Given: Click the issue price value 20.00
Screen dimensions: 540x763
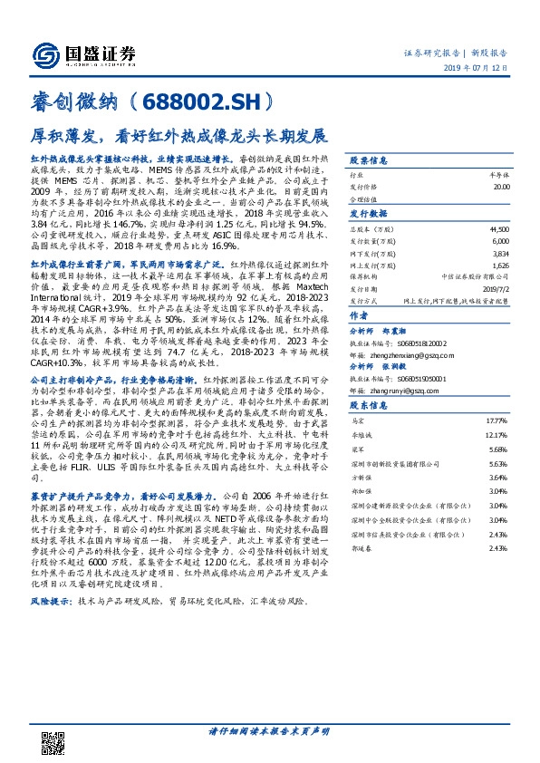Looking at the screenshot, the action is (500, 186).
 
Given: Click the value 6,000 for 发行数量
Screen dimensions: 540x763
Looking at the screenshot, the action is (501, 242).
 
